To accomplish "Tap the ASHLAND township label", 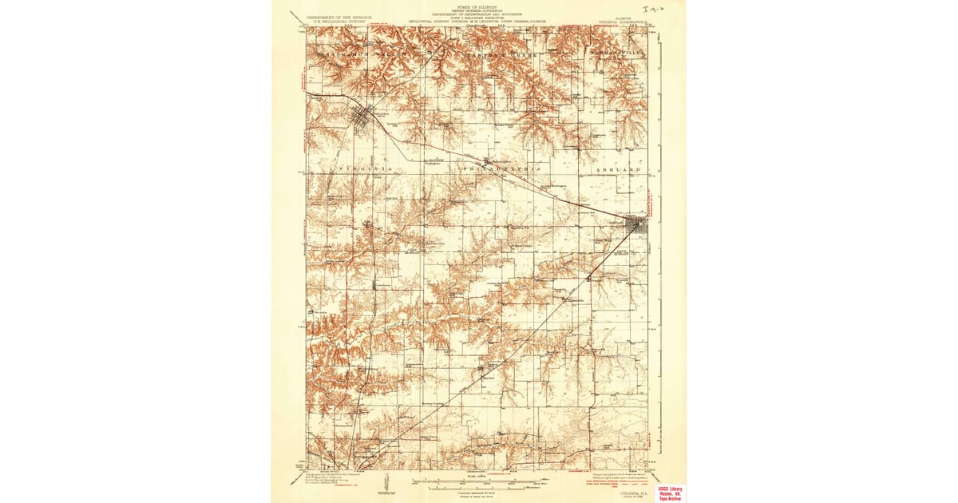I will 619,171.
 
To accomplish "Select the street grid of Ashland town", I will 638,227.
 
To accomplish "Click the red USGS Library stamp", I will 670,493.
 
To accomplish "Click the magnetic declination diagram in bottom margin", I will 386,482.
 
